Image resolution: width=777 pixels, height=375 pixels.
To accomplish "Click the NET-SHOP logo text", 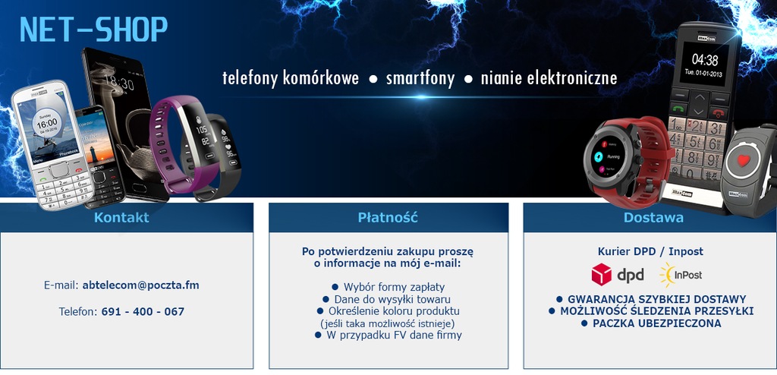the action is pyautogui.click(x=93, y=30).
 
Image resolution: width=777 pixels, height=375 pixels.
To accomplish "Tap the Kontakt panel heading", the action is pyautogui.click(x=121, y=217).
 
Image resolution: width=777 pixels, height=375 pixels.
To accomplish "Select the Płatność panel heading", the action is pyautogui.click(x=388, y=217).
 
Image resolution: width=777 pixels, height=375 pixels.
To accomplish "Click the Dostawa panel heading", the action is pyautogui.click(x=653, y=217).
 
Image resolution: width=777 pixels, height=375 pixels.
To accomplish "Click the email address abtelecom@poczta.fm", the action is pyautogui.click(x=140, y=285).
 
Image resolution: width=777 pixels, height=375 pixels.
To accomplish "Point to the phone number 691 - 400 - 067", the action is pyautogui.click(x=143, y=311).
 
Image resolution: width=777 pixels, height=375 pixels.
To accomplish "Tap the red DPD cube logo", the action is pyautogui.click(x=602, y=274).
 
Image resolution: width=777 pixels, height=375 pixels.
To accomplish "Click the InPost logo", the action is pyautogui.click(x=681, y=275).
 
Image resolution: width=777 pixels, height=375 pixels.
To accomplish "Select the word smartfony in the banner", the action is pyautogui.click(x=420, y=78).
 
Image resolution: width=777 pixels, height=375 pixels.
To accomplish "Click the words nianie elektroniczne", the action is pyautogui.click(x=549, y=78).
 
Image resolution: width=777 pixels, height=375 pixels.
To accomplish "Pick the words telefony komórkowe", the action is pyautogui.click(x=291, y=78).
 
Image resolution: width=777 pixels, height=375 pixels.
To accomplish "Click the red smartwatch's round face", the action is pyautogui.click(x=609, y=156).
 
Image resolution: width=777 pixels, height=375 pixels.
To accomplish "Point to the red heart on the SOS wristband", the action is pyautogui.click(x=743, y=160).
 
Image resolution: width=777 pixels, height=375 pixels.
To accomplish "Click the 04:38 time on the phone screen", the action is pyautogui.click(x=705, y=60).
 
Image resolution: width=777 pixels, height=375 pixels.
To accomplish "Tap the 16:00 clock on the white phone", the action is pyautogui.click(x=46, y=124).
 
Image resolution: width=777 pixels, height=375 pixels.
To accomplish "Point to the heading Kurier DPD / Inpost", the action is pyautogui.click(x=650, y=251).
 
